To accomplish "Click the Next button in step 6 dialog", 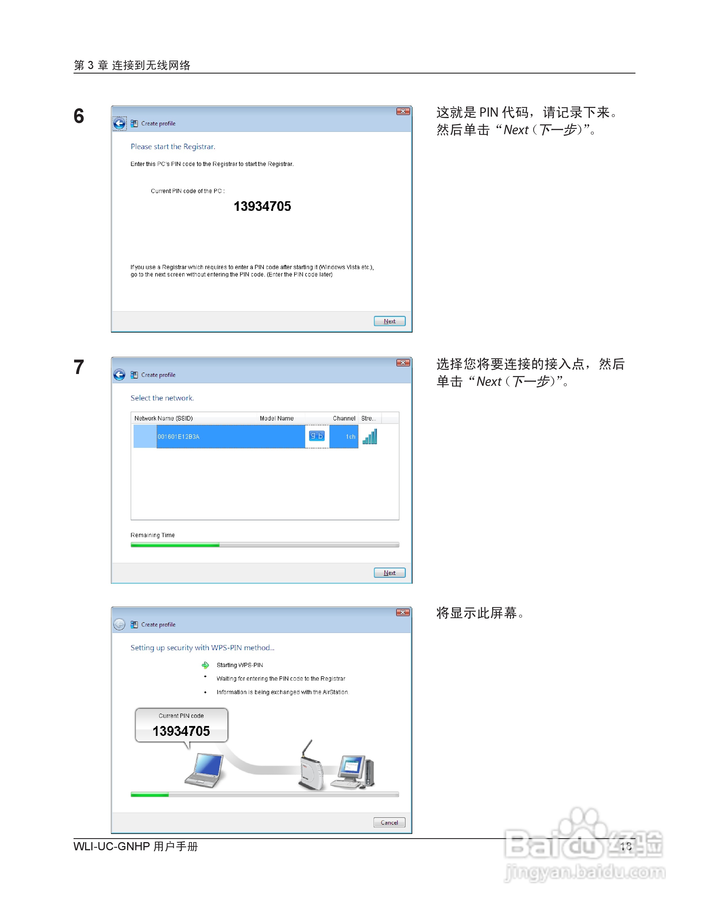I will coord(389,321).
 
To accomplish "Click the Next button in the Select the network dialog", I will coord(389,572).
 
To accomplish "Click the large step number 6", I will coord(79,116).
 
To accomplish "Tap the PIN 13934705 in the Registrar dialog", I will coord(262,206).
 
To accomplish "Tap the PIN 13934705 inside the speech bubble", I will coord(181,731).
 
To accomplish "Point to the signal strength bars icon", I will coord(370,437).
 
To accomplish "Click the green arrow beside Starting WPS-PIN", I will coord(205,665).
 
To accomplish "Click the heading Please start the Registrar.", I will coord(173,147).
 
